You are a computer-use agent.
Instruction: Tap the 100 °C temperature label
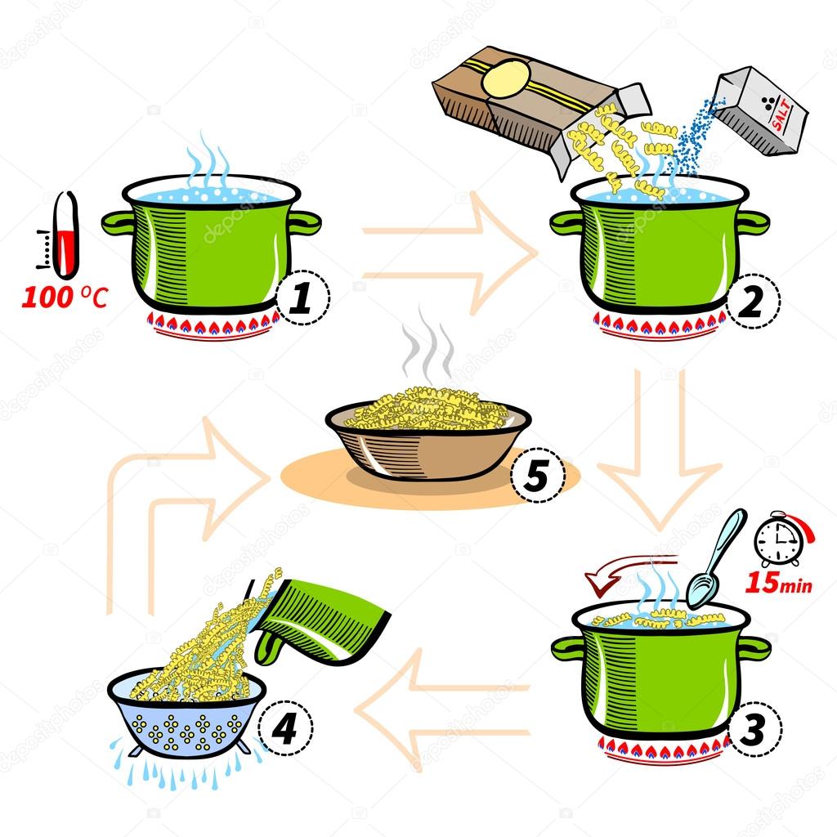click(x=64, y=298)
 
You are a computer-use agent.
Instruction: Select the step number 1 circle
click(x=302, y=299)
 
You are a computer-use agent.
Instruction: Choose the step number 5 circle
click(x=537, y=476)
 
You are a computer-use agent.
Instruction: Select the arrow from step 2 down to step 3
click(x=659, y=458)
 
